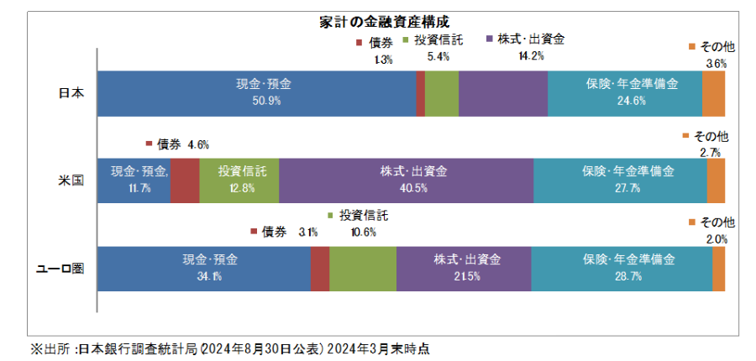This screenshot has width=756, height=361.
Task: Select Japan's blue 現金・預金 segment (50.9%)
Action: (257, 93)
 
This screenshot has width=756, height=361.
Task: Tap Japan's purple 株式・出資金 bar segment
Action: (503, 93)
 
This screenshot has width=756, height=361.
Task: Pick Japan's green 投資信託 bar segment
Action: (442, 93)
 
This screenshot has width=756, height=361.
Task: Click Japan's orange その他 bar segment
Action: (713, 93)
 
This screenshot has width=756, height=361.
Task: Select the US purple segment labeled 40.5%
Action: (406, 180)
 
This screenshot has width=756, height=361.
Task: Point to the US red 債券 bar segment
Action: (185, 180)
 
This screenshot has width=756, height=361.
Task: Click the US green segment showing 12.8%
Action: (239, 180)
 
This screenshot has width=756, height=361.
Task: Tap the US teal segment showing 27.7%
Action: (620, 180)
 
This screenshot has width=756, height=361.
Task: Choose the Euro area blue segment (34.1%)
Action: (204, 269)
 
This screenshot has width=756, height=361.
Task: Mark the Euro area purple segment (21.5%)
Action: (464, 269)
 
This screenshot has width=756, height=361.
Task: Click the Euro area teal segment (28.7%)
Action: (622, 269)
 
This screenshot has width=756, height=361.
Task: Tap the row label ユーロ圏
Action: (64, 269)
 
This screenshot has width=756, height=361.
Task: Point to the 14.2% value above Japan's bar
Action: (532, 56)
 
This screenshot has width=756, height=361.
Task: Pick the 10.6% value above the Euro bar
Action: (363, 232)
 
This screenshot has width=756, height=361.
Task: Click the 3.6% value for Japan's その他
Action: (716, 63)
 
